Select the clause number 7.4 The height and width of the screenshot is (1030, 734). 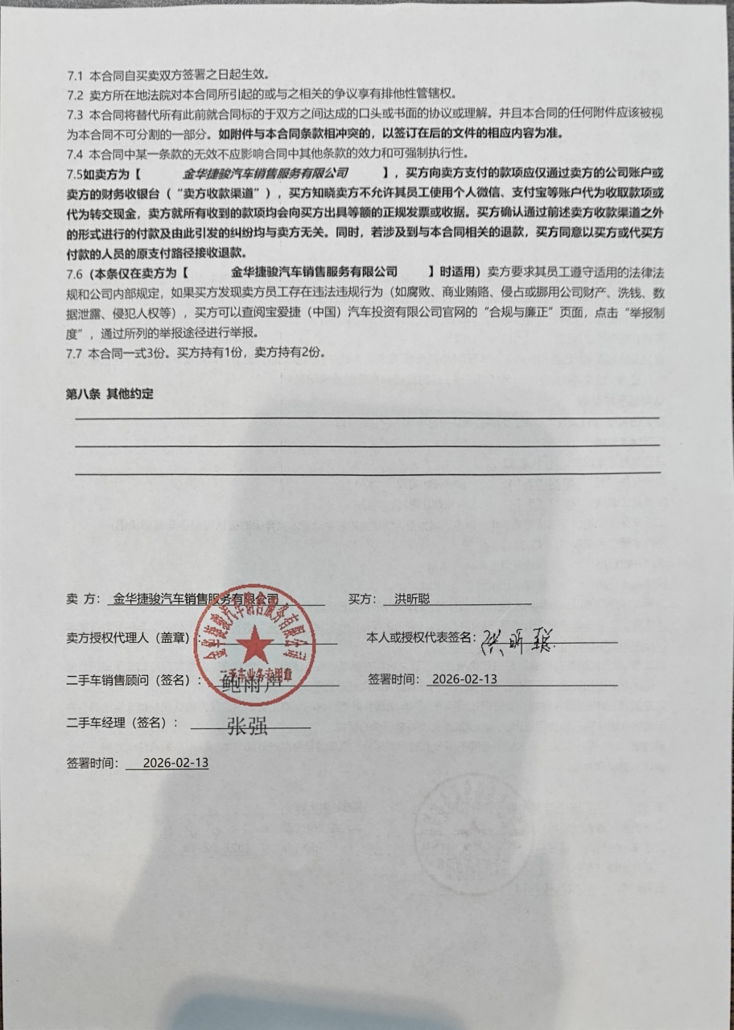[x=75, y=153]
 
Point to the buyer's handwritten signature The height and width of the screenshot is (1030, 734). [x=519, y=641]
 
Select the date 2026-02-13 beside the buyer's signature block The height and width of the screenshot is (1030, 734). [x=464, y=679]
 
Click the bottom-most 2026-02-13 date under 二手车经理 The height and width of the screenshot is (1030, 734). [x=175, y=763]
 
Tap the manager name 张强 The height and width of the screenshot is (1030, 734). [x=246, y=727]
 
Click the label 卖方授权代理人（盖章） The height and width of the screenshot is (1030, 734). [x=128, y=638]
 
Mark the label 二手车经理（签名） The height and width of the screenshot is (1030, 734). [x=121, y=723]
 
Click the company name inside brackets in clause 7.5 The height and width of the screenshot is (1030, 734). [x=265, y=173]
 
